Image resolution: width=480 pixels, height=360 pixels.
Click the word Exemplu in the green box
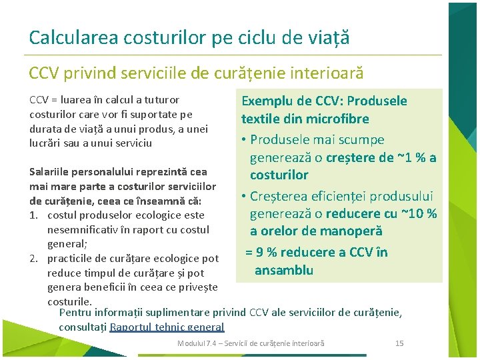click(267, 101)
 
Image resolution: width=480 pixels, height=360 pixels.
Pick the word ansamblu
click(284, 270)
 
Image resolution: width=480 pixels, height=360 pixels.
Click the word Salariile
click(49, 172)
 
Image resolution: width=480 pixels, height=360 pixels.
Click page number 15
click(399, 343)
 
